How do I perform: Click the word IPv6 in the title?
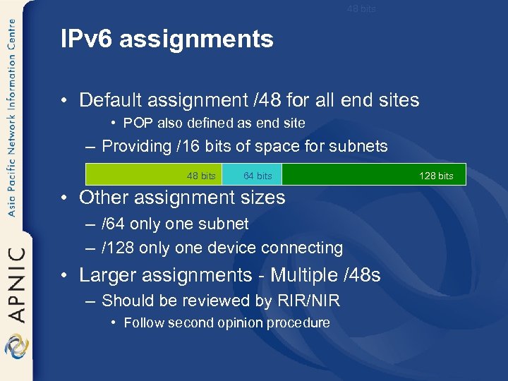coord(87,40)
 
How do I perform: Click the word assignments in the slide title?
coord(196,40)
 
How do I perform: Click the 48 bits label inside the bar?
coord(201,176)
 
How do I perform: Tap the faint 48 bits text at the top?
coord(361,9)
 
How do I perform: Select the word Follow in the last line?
coord(143,323)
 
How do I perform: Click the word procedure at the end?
coord(301,323)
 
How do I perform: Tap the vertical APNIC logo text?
coord(16,283)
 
